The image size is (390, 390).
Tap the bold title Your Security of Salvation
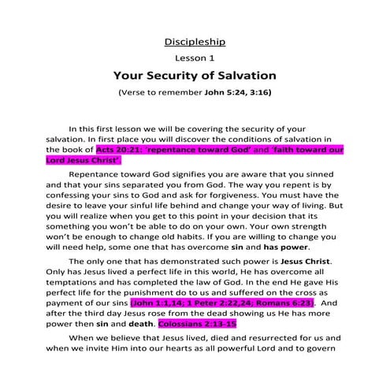click(x=195, y=76)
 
